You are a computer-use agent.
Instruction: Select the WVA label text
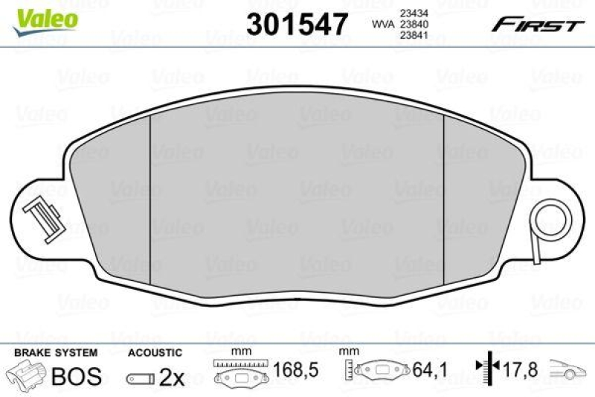[x=383, y=25]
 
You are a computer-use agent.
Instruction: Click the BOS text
[x=76, y=377]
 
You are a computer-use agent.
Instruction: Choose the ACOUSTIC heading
[x=154, y=352]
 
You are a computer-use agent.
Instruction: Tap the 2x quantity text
[x=171, y=378]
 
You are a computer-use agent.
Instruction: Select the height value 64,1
[x=430, y=370]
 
